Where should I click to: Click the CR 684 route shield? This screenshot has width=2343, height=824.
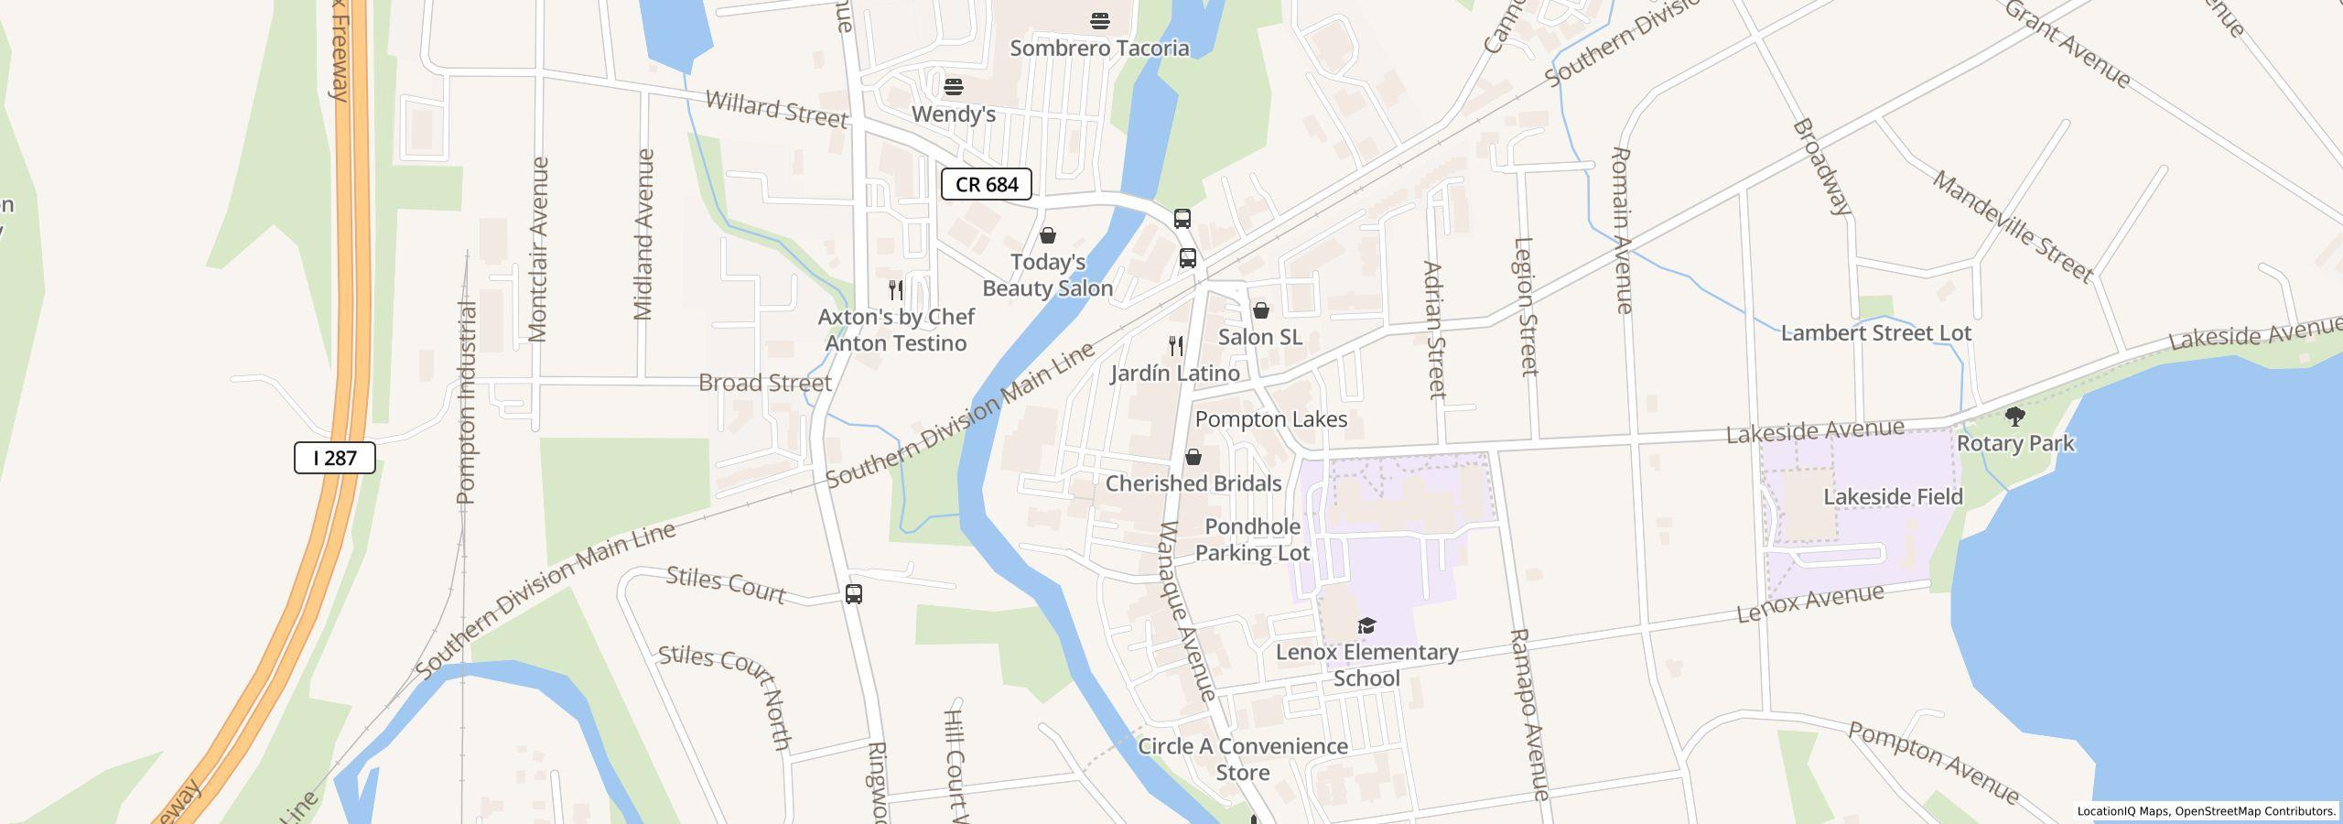[x=987, y=184]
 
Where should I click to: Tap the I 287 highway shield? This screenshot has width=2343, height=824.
[x=334, y=457]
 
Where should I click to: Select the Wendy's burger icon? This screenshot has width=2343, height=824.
[x=954, y=87]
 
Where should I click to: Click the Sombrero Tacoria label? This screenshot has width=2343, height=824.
[x=1099, y=48]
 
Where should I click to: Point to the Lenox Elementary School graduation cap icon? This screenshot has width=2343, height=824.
[x=1366, y=625]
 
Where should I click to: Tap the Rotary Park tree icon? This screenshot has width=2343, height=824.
[x=2014, y=417]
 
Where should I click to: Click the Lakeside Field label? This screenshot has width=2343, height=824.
[x=1893, y=497]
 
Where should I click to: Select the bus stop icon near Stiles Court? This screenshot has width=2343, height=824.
[x=853, y=594]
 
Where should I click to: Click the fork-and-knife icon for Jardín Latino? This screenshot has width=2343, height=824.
[x=1176, y=346]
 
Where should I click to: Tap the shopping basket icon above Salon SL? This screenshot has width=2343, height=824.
[x=1260, y=311]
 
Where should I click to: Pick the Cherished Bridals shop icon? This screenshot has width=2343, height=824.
[x=1193, y=457]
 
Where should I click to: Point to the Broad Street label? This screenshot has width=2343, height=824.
[x=764, y=383]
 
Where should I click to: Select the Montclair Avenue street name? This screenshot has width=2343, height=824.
[x=538, y=249]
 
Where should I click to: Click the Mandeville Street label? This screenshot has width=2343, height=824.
[x=2012, y=226]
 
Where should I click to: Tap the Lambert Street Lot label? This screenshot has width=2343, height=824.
[x=1875, y=333]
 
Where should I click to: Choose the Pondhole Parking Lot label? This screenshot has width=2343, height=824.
[x=1252, y=539]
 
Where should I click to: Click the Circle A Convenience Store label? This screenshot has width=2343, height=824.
[x=1242, y=759]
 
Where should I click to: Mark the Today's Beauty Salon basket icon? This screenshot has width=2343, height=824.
[x=1048, y=236]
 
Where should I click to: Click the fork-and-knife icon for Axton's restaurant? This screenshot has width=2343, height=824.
[x=896, y=290]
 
